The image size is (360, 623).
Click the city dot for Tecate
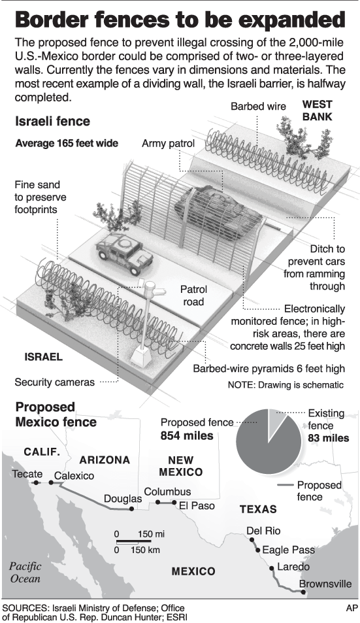point(36,482)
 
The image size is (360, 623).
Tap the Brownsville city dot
point(303,592)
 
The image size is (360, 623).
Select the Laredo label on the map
point(293,567)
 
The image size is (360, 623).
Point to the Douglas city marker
point(131,509)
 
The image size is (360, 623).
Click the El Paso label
point(197,505)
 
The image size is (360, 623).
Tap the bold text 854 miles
point(187,436)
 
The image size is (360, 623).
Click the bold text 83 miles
point(329,438)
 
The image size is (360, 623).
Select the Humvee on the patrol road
point(125,253)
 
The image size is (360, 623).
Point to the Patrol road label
point(193,295)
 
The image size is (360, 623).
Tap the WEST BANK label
point(317,110)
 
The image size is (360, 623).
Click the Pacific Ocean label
point(25,572)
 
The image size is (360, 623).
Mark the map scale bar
point(127,542)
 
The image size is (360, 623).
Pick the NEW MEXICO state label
point(181,466)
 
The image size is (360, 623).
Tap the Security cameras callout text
point(55,382)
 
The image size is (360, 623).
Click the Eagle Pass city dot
point(258,550)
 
